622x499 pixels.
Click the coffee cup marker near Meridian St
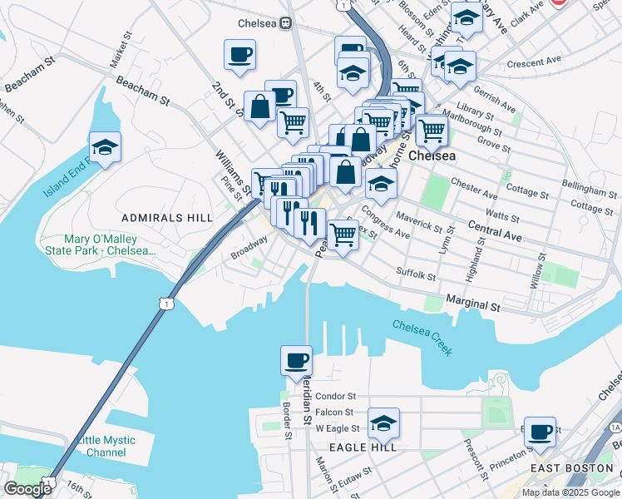click(x=297, y=362)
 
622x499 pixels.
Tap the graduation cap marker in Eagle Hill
click(x=383, y=424)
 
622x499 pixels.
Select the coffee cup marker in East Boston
click(x=541, y=432)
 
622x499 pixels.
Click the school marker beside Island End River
click(x=106, y=148)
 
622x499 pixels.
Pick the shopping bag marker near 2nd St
click(x=260, y=106)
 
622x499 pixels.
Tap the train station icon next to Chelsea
click(x=285, y=23)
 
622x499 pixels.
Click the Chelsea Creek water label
click(x=422, y=338)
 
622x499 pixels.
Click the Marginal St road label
click(x=472, y=304)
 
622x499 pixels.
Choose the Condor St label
click(x=335, y=397)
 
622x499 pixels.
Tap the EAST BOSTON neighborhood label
click(x=572, y=468)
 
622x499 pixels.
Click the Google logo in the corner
click(x=27, y=489)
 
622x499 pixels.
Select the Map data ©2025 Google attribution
click(x=570, y=492)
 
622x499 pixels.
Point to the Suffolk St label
click(x=416, y=273)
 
